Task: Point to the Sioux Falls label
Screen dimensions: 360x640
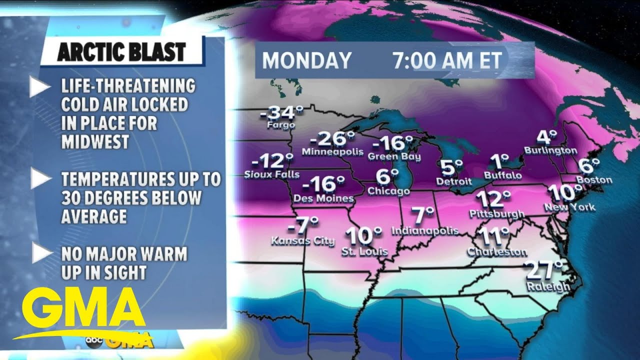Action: click(272, 174)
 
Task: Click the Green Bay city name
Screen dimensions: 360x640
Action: click(394, 156)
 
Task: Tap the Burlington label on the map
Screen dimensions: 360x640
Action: click(550, 150)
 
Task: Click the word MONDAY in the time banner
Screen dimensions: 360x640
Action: click(306, 60)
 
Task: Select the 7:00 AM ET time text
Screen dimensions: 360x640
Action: click(447, 60)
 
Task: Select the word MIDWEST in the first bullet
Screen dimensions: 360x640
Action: click(95, 142)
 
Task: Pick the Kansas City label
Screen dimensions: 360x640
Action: click(302, 241)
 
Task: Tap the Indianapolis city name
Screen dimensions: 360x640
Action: click(425, 230)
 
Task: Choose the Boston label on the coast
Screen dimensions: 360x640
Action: click(594, 179)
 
